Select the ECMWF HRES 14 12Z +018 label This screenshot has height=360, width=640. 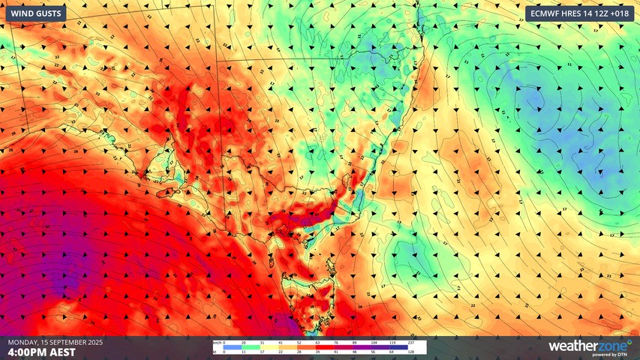tap(579, 13)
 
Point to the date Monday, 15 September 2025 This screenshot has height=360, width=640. tap(56, 342)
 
